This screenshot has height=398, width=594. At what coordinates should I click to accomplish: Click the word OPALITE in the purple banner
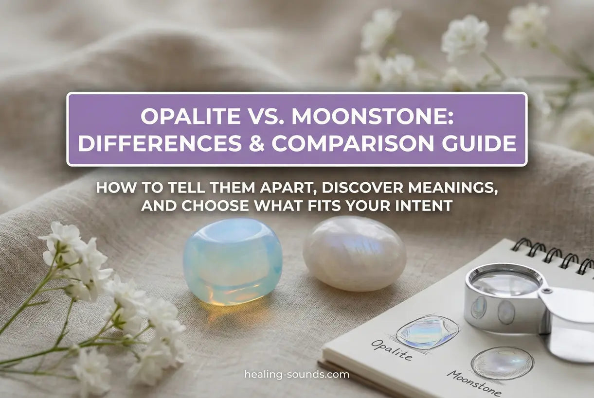click(190, 116)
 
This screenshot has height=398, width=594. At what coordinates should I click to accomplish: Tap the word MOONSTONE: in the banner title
click(372, 116)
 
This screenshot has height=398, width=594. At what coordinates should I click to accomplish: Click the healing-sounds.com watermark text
click(297, 375)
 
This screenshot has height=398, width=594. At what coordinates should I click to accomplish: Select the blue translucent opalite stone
click(233, 261)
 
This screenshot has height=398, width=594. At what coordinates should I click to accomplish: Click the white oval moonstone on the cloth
click(355, 253)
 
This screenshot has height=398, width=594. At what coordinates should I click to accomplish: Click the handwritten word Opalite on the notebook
click(392, 350)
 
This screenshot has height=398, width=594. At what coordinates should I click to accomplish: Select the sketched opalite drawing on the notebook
click(427, 332)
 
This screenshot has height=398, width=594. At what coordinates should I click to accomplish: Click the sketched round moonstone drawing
click(502, 363)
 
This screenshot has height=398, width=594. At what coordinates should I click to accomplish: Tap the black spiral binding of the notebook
click(553, 255)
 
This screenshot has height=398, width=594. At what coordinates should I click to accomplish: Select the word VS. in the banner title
click(266, 116)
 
